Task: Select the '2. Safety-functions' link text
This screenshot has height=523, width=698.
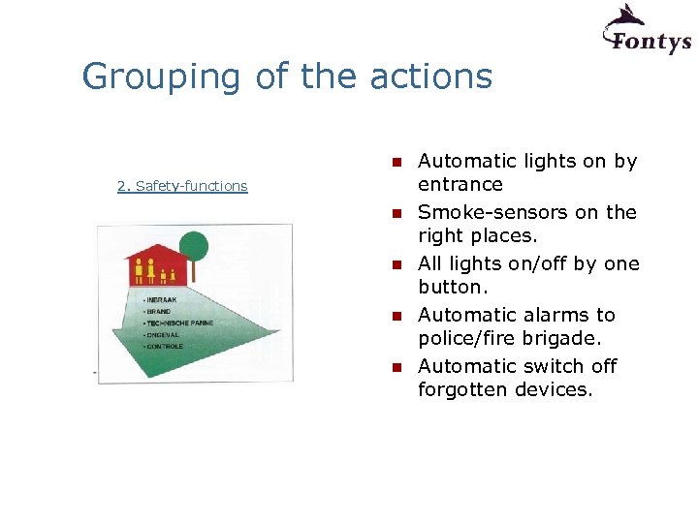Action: coord(182,186)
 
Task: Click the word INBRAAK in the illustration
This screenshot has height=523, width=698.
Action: coord(163,301)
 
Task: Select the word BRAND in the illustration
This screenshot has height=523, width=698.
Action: coord(159,312)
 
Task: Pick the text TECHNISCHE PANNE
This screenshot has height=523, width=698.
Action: coord(178,323)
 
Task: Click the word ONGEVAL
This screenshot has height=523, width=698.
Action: coord(163,334)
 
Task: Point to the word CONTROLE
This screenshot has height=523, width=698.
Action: coord(164,346)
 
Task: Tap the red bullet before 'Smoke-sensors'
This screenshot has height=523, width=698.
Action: coord(397,213)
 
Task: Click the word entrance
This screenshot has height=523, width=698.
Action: coord(460,184)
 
